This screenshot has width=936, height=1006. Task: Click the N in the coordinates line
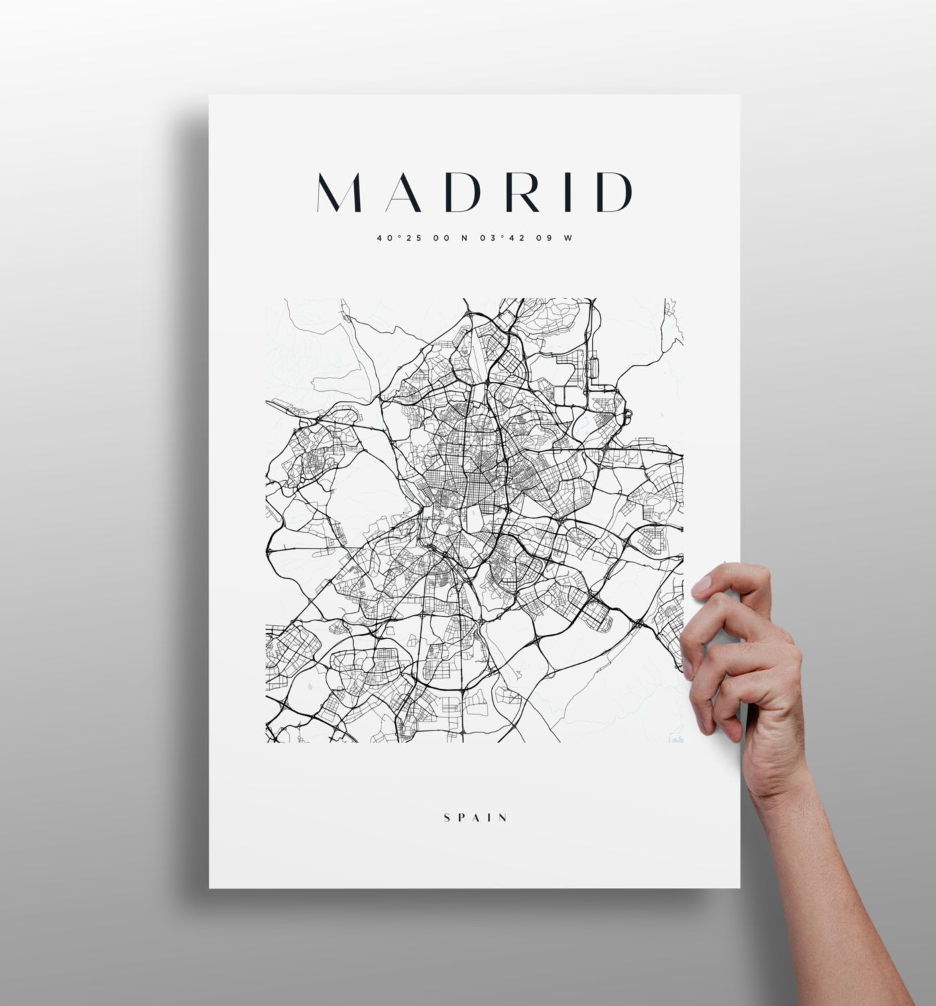tap(464, 237)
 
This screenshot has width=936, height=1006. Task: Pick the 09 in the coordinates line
tap(544, 237)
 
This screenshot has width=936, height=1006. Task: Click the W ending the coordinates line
tap(569, 237)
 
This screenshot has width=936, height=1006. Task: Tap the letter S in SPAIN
tap(447, 818)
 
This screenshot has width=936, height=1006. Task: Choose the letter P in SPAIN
tap(461, 818)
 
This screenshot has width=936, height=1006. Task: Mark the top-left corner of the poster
tap(210, 96)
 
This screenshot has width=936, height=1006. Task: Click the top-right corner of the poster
tap(739, 96)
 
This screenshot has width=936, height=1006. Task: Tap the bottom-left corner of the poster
tap(210, 887)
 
